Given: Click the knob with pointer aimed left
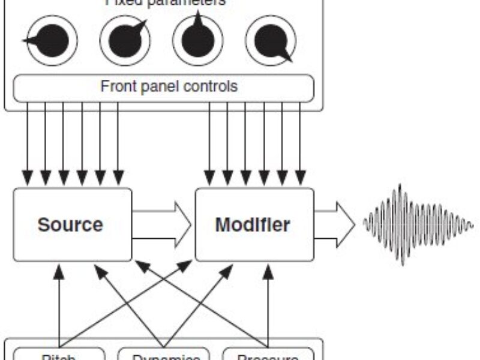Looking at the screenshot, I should tap(52, 41).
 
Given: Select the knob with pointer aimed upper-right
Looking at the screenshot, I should tap(125, 41).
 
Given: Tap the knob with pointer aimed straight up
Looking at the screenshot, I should tap(198, 40).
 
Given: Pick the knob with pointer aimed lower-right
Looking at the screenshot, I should tap(271, 41).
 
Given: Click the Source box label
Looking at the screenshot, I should tap(70, 225).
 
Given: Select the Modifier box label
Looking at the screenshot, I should tap(253, 225).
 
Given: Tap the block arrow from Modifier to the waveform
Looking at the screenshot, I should tap(335, 224).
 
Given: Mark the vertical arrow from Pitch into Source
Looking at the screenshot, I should tap(59, 306).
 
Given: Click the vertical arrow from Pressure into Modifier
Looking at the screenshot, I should tap(269, 306).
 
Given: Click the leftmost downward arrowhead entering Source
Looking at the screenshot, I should tap(27, 178).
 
